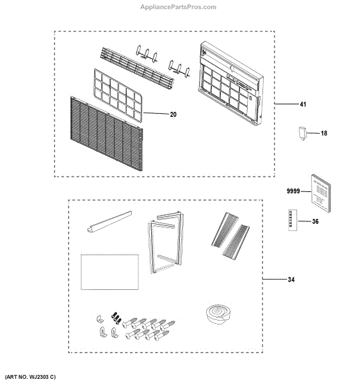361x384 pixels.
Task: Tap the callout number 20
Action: pyautogui.click(x=156, y=115)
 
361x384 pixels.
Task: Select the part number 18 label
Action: pyautogui.click(x=323, y=133)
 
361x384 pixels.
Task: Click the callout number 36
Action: pyautogui.click(x=315, y=222)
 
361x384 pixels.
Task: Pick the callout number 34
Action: pyautogui.click(x=293, y=280)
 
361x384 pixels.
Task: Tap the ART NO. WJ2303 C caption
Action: pyautogui.click(x=37, y=377)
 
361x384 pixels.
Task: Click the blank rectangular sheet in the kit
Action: pyautogui.click(x=109, y=271)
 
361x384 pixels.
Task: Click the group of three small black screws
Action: pyautogui.click(x=116, y=316)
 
